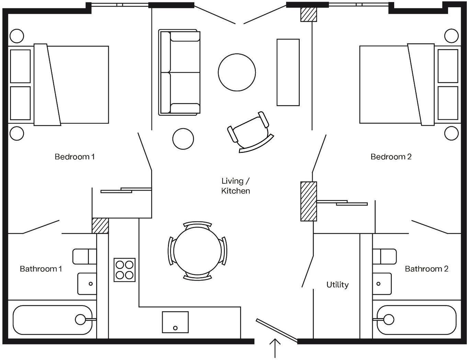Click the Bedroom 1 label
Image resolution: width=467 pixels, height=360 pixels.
75,157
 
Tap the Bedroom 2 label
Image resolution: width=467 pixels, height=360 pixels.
391,157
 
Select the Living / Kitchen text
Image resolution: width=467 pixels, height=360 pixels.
236,186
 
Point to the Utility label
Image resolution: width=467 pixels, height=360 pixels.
338,285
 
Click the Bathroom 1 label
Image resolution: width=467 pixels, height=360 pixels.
41,269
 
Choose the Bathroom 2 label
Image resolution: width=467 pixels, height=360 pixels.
426,269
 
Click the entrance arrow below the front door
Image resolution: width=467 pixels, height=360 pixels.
275,348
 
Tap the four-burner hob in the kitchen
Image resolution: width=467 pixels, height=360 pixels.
124,270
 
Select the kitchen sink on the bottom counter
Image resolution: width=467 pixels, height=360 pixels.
175,322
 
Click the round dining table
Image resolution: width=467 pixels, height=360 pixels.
197,251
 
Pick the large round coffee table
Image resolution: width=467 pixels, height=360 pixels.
237,72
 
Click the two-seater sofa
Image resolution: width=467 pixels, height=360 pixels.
180,72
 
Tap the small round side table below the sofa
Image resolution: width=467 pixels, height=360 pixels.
183,139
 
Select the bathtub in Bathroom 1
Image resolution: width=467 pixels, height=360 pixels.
53,320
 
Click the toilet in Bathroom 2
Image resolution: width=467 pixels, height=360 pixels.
385,257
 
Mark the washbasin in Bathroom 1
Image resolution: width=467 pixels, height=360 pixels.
87,284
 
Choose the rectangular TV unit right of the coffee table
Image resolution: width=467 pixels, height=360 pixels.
288,72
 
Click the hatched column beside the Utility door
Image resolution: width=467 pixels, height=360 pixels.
309,201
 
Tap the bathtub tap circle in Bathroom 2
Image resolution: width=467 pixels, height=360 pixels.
389,319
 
